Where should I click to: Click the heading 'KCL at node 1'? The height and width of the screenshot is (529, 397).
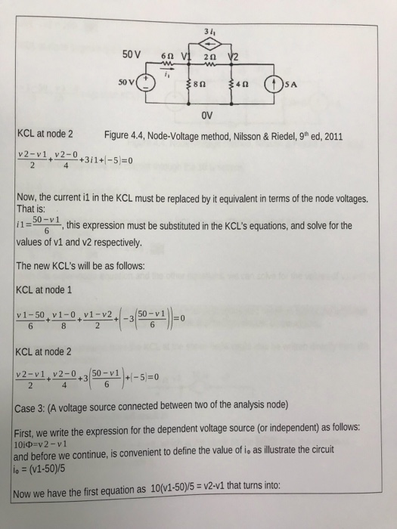[44, 289]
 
